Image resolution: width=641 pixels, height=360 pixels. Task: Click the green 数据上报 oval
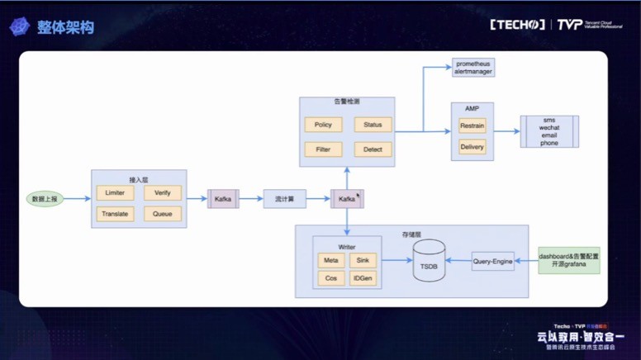45,199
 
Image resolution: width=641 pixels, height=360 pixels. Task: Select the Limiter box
115,192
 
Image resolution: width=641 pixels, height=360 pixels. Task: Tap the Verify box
162,192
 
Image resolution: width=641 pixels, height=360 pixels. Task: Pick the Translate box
115,214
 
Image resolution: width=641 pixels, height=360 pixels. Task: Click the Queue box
162,214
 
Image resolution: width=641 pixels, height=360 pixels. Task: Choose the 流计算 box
285,199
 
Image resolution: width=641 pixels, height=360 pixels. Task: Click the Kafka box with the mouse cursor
347,199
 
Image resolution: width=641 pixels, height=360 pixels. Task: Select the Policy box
323,125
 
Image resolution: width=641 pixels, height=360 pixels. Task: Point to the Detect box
373,149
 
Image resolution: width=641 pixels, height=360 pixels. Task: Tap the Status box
373,125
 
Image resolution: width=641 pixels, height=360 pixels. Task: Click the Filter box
323,149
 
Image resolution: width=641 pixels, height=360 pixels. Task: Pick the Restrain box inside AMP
472,126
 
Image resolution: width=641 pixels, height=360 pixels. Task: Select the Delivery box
472,147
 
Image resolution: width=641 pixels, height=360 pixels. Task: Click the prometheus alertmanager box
473,68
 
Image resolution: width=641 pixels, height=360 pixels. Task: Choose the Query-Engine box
493,261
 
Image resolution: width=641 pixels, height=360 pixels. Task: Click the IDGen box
362,278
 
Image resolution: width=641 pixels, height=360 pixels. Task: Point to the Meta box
331,260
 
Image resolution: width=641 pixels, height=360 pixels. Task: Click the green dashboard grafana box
568,261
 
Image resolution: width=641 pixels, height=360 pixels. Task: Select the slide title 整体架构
65,27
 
